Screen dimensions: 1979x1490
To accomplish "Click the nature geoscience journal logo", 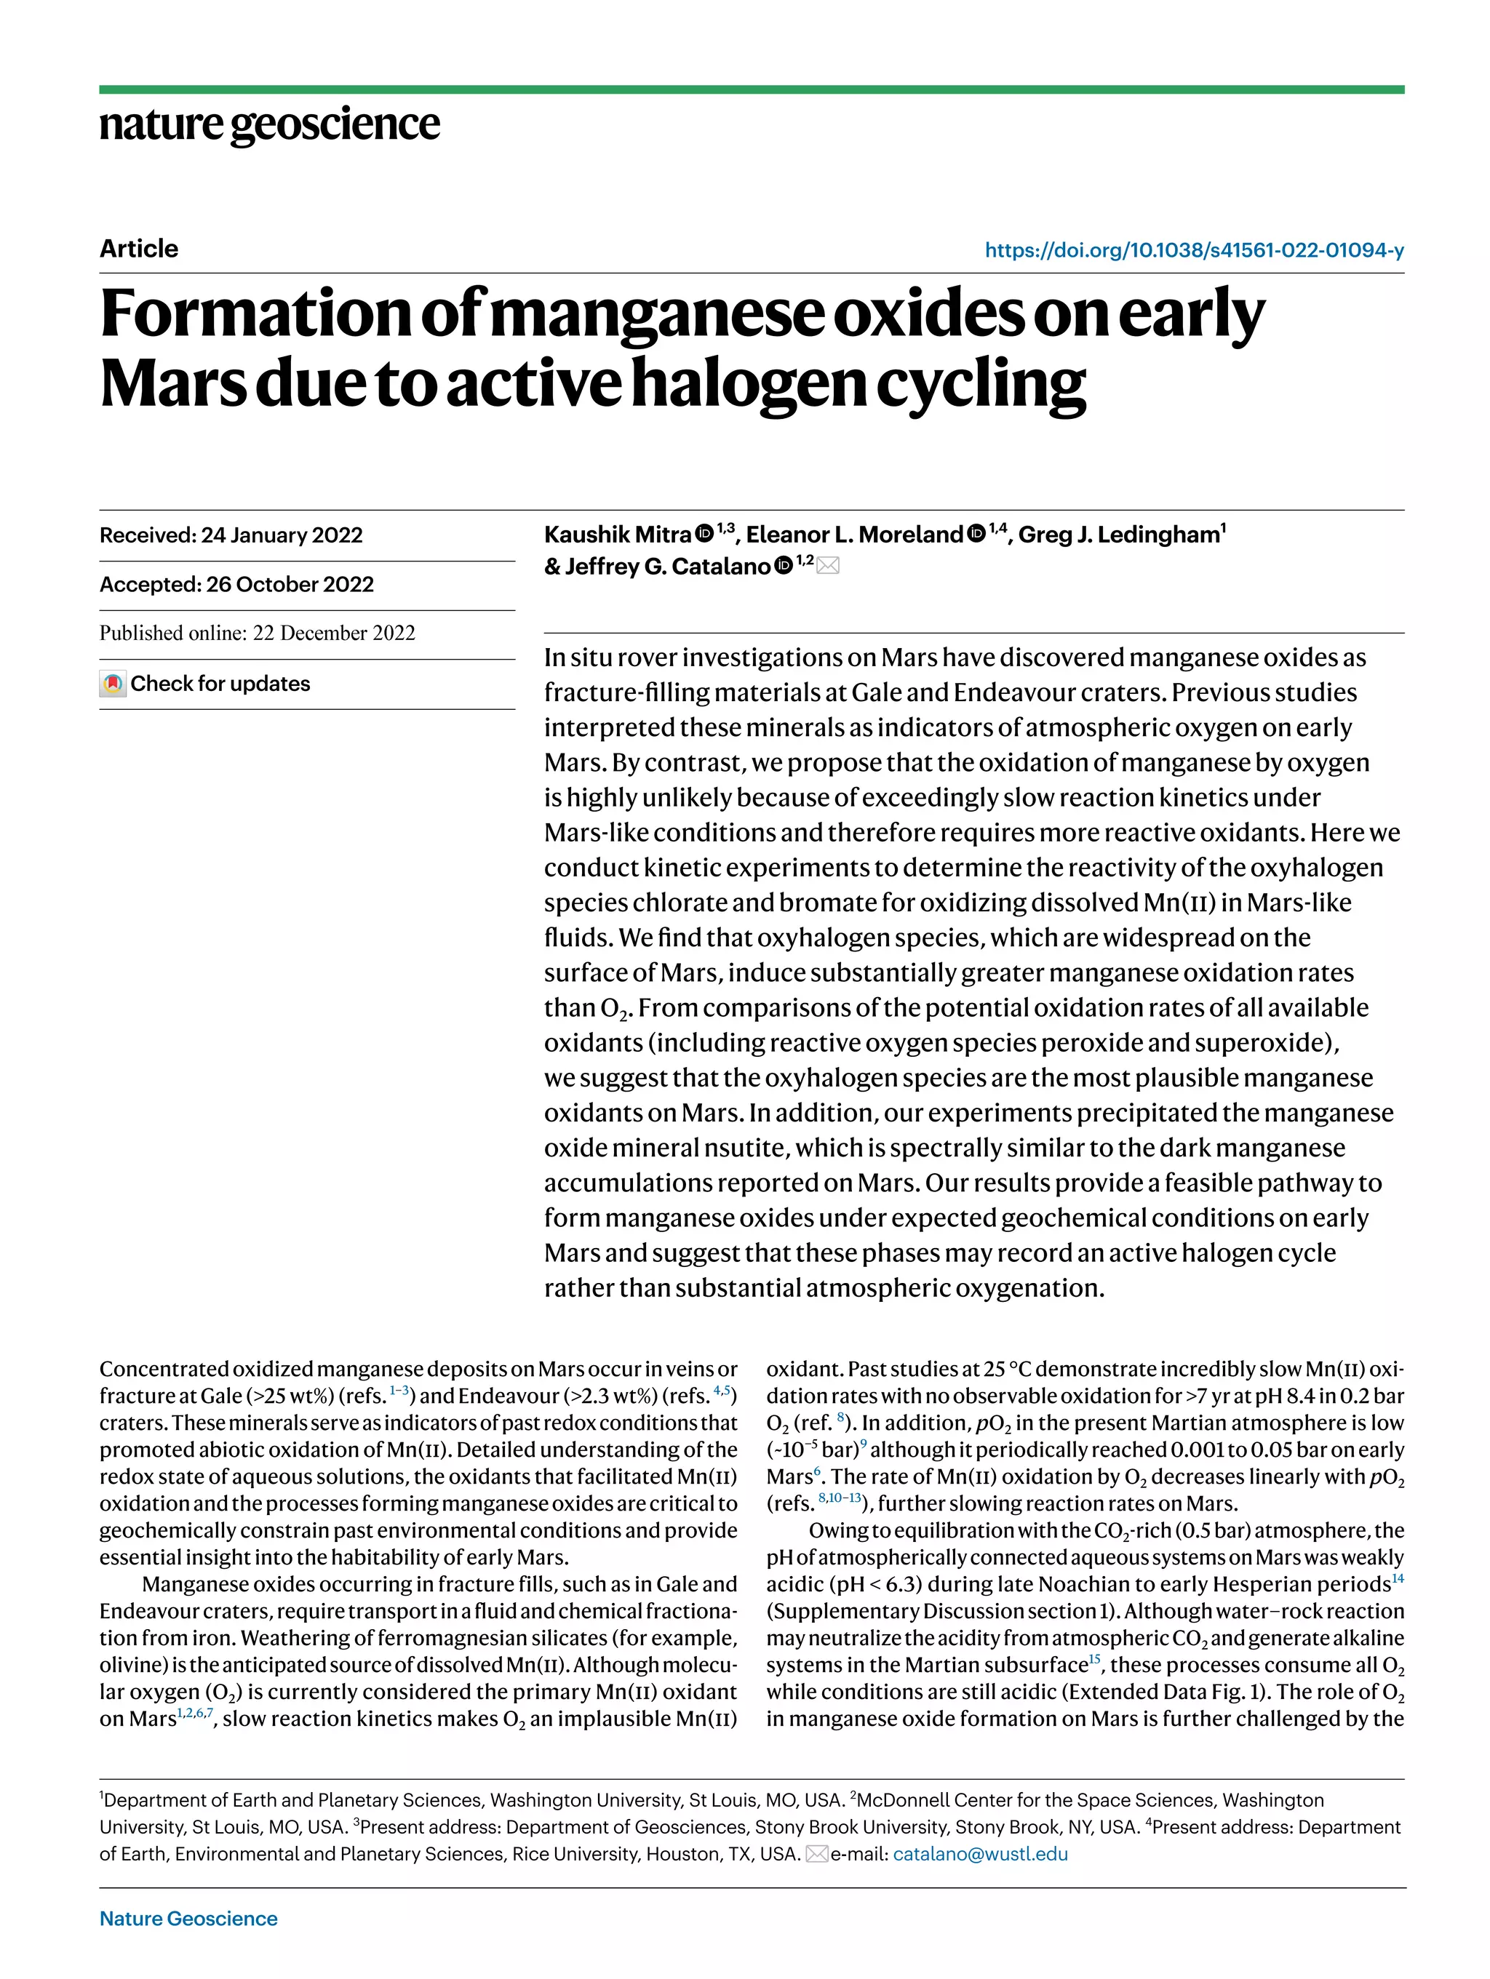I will click(x=269, y=124).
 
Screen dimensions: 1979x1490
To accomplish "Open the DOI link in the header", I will click(x=1194, y=250).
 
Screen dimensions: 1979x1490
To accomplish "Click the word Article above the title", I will click(x=139, y=249).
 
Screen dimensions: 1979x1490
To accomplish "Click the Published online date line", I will click(x=257, y=633).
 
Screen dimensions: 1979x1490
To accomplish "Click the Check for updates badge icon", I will click(x=113, y=684).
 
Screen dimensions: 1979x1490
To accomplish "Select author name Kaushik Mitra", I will click(x=618, y=535).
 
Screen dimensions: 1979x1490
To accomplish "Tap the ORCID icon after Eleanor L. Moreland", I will click(x=976, y=534).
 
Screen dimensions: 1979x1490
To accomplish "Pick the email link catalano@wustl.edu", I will click(x=980, y=1854).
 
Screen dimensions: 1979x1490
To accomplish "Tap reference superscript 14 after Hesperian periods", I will click(x=1398, y=1579).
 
